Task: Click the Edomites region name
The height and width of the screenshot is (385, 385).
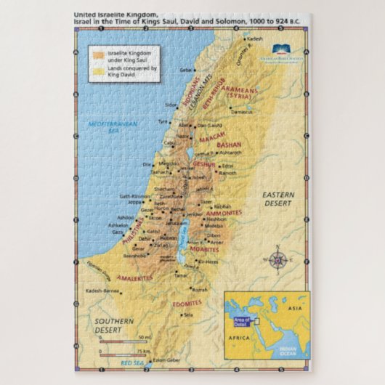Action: click(187, 304)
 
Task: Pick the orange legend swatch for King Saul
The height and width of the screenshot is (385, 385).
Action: click(98, 54)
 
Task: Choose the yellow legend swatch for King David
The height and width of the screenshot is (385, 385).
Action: click(98, 70)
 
